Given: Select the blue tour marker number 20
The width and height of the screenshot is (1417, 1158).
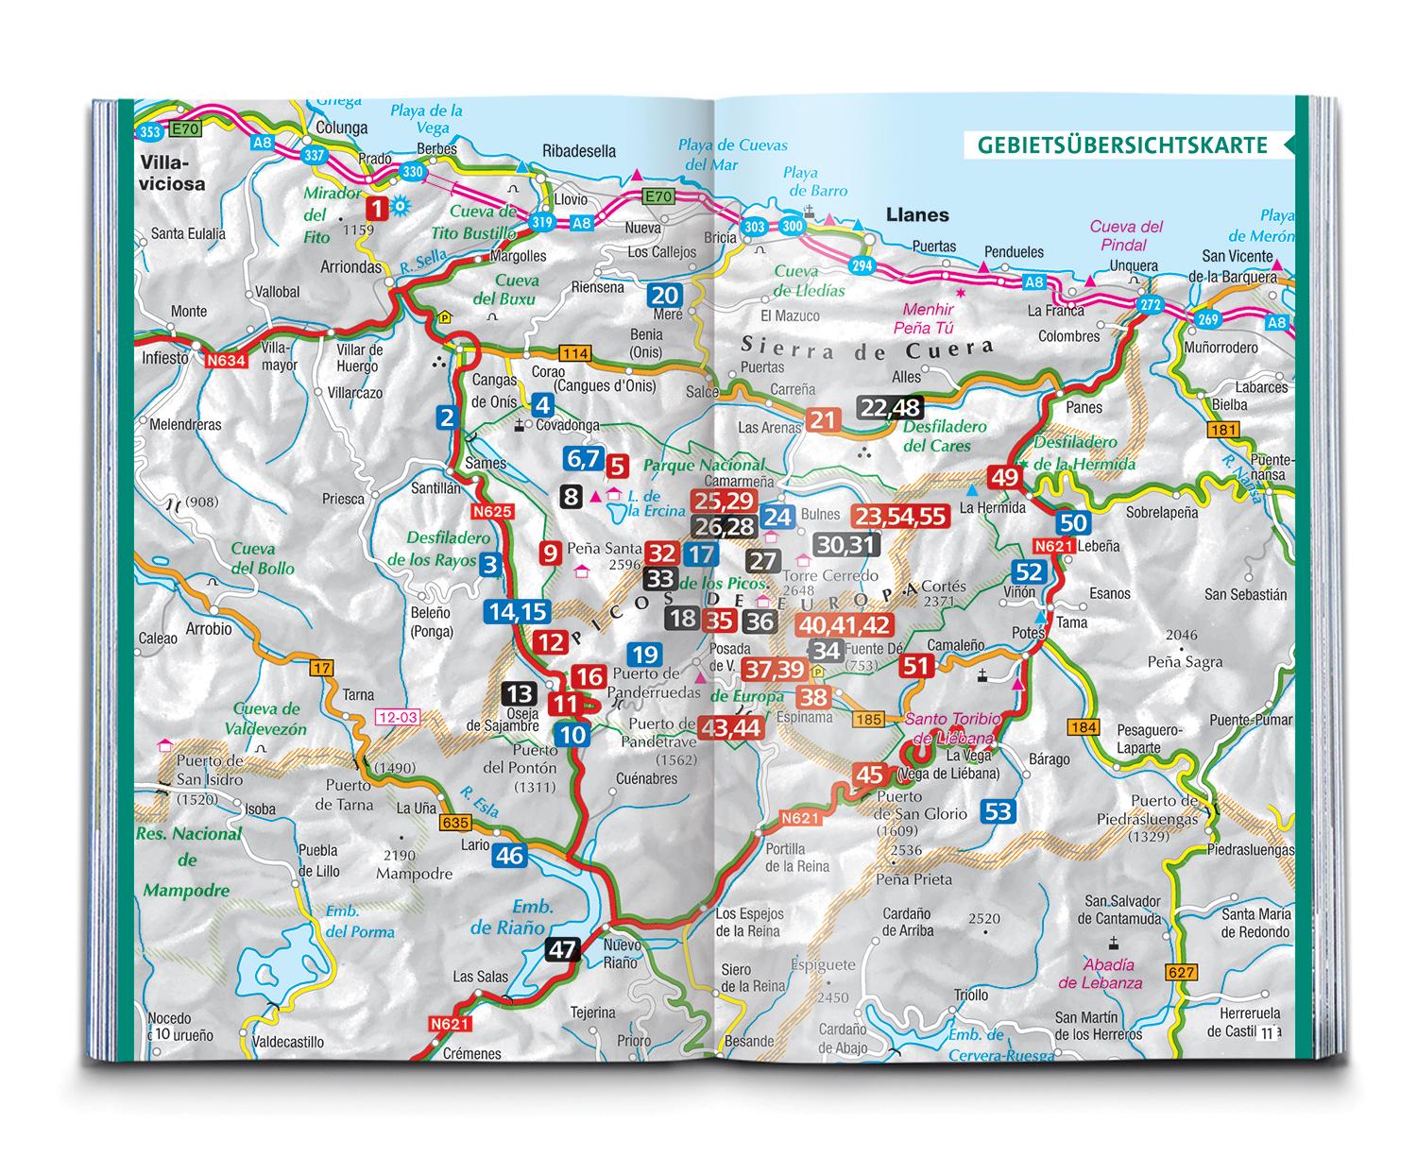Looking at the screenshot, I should tap(665, 296).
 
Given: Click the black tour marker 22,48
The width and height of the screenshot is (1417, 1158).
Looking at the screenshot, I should tap(890, 407).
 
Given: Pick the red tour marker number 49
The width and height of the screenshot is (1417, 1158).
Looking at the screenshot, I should tap(1003, 476).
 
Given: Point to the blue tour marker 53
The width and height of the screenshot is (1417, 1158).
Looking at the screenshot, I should tap(998, 809).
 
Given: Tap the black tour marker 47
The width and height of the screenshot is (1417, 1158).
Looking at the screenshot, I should tap(562, 948).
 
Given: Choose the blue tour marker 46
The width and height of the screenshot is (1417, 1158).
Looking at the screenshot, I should tap(509, 856).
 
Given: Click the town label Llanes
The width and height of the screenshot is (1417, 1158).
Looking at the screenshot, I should tap(917, 214).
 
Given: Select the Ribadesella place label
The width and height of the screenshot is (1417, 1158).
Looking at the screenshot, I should tap(579, 151).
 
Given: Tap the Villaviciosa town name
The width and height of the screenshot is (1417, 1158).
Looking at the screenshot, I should tap(171, 173).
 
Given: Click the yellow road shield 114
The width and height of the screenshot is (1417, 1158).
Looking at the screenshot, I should tap(575, 354).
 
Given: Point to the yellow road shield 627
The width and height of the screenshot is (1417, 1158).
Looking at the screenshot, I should tap(1181, 972).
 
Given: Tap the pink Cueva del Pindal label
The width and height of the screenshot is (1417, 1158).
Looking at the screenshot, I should tap(1125, 235).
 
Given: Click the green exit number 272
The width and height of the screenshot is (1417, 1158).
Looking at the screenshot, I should tap(1150, 305).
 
